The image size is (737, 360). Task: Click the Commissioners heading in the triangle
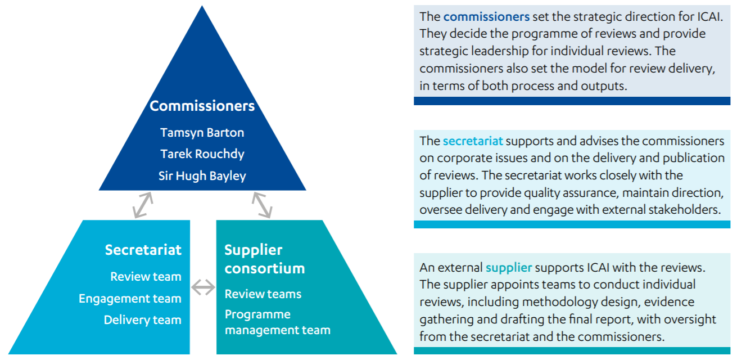[202, 106]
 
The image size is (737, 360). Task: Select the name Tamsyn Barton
[202, 133]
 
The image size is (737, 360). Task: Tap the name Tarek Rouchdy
[202, 154]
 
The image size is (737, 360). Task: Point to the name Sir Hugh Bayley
[202, 175]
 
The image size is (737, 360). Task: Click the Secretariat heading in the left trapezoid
[143, 250]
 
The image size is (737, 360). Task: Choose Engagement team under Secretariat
[130, 299]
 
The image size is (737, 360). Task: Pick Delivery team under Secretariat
[142, 320]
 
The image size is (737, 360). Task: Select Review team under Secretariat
[146, 276]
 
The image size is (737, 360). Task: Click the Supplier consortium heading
[265, 259]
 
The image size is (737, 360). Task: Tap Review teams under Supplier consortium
[263, 294]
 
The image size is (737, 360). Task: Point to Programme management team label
[277, 322]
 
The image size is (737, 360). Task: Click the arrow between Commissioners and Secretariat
[143, 205]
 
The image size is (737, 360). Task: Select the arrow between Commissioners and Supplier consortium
[262, 205]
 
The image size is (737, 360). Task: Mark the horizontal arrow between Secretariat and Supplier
[203, 287]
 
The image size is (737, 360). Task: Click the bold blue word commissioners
[486, 17]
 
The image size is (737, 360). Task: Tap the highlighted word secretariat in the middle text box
[473, 141]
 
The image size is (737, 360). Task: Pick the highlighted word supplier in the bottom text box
[509, 268]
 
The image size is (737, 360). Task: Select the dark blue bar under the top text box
[572, 101]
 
